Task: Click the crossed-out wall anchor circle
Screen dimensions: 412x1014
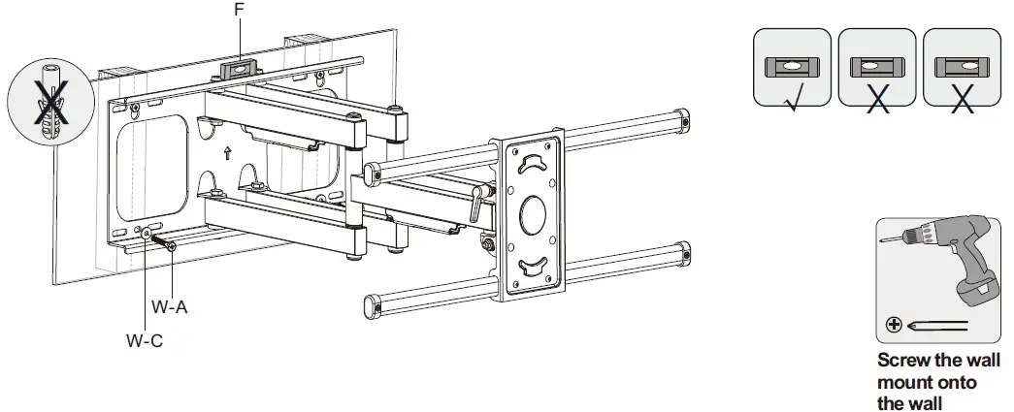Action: click(x=45, y=97)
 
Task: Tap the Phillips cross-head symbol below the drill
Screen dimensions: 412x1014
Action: click(x=893, y=325)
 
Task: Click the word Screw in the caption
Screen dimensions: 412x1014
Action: click(x=901, y=360)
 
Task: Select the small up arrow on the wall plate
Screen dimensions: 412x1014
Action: click(x=226, y=153)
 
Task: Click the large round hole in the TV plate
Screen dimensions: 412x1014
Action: click(x=531, y=214)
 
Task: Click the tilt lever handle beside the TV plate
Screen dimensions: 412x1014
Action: click(x=477, y=204)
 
